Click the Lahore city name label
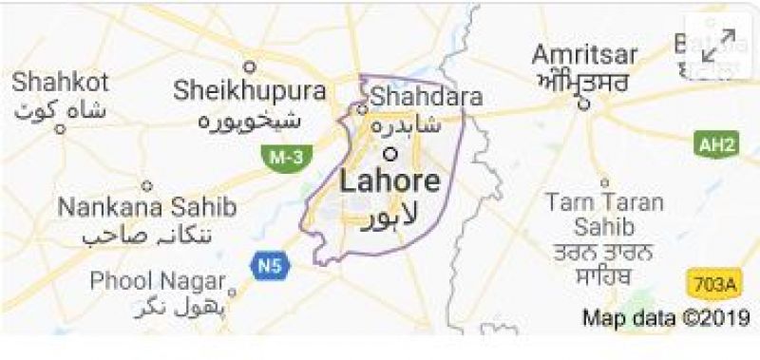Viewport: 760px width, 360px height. [x=389, y=182]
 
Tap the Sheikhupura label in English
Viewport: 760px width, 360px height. [x=249, y=92]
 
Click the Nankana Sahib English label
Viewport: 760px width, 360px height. [x=135, y=206]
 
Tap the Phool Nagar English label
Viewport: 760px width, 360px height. [x=158, y=281]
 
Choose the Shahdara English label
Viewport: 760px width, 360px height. [x=427, y=97]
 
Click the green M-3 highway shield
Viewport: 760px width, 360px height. [x=282, y=158]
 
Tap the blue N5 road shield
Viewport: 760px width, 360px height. [x=266, y=266]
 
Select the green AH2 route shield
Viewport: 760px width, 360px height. [x=715, y=144]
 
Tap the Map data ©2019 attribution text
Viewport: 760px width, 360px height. [x=665, y=317]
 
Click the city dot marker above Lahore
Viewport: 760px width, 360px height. [x=389, y=152]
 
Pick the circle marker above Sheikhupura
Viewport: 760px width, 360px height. [x=251, y=66]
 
